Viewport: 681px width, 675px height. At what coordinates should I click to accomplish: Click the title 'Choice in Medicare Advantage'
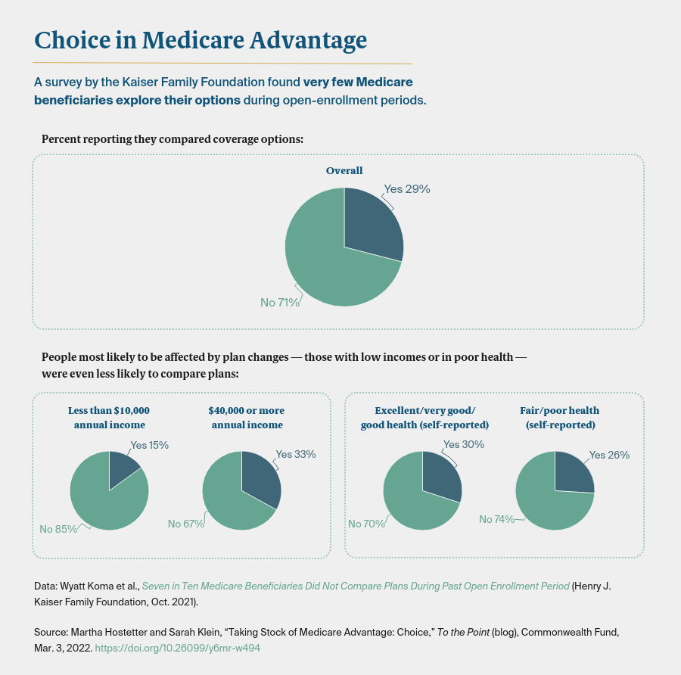[201, 39]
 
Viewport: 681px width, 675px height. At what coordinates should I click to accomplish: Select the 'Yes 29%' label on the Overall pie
[406, 189]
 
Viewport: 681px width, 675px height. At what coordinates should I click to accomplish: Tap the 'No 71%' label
[280, 303]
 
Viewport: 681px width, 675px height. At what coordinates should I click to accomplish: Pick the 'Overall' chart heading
[344, 171]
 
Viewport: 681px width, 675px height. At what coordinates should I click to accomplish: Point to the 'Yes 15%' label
[149, 445]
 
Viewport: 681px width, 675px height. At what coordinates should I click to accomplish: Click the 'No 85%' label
[58, 529]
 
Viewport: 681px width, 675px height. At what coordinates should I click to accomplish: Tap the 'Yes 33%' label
[295, 454]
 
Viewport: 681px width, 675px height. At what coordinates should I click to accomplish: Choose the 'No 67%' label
[186, 524]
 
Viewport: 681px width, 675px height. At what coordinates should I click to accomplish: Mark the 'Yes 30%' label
[463, 445]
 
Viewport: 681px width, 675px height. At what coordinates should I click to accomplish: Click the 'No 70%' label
[366, 524]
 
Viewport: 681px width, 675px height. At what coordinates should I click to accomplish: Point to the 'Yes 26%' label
[609, 455]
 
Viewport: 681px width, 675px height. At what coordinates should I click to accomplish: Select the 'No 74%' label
[497, 519]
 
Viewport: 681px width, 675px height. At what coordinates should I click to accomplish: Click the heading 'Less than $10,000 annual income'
[109, 418]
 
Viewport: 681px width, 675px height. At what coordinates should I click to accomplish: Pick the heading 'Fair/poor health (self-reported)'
[559, 418]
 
